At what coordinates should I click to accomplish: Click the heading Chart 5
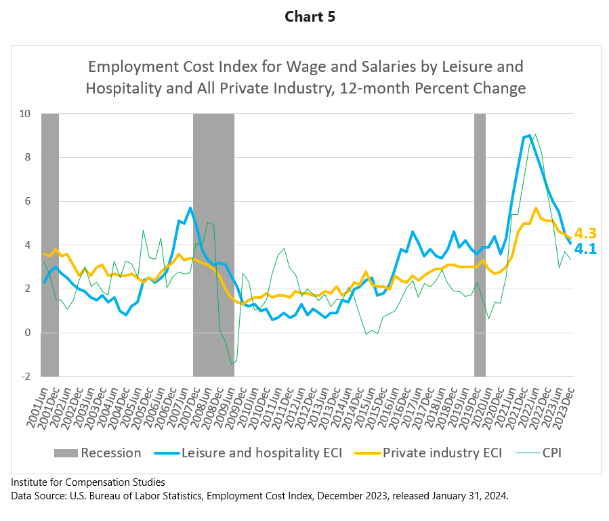304,17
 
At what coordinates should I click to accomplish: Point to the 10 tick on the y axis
25,113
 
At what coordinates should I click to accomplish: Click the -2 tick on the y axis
26,376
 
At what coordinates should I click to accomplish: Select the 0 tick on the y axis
28,333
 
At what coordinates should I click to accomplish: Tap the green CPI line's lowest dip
231,363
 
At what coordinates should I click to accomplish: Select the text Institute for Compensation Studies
88,482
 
